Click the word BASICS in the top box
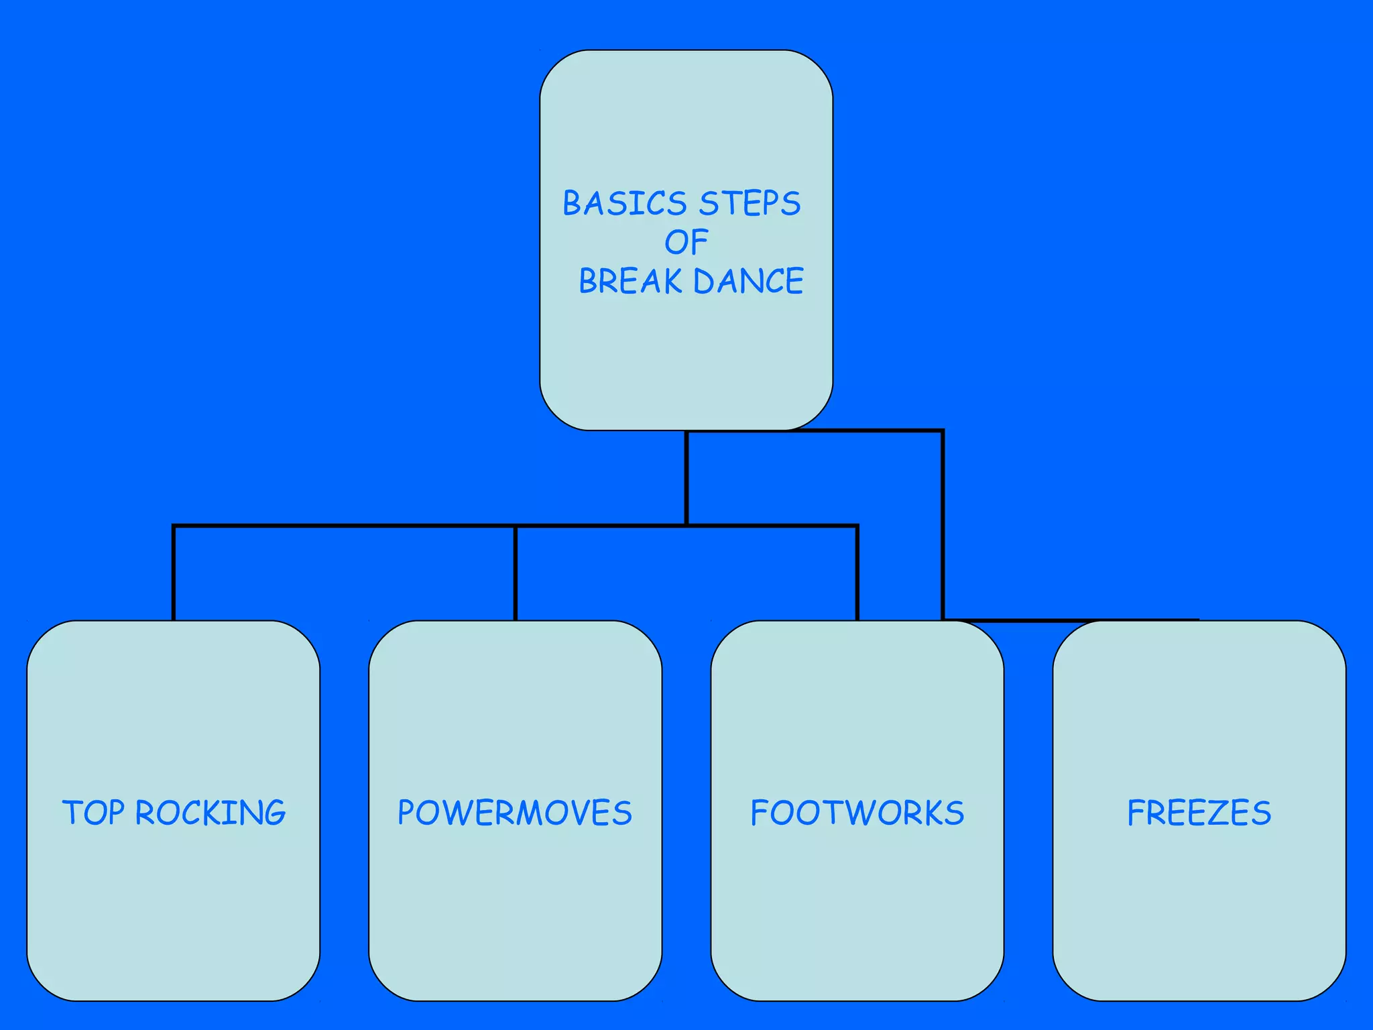(x=624, y=203)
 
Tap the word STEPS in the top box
(x=750, y=203)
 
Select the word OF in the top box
(x=686, y=242)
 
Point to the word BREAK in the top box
(x=630, y=281)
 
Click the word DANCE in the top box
(x=748, y=281)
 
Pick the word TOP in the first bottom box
(x=93, y=813)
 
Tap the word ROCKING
(x=211, y=813)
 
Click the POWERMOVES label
(x=515, y=813)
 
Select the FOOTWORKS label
(x=857, y=813)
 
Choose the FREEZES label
(x=1199, y=813)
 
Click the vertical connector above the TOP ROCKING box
(x=174, y=573)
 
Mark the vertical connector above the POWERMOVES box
(x=515, y=573)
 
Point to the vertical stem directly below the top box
(x=686, y=477)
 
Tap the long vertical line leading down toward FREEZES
(x=943, y=523)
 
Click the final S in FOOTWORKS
(x=954, y=813)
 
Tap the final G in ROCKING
(x=274, y=813)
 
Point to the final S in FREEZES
(x=1261, y=813)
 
